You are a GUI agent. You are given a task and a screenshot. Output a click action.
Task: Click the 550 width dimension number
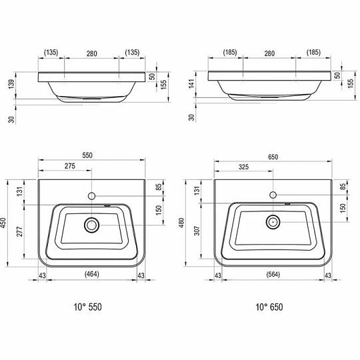pos(87,155)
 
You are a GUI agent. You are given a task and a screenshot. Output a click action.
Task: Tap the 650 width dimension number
pos(273,157)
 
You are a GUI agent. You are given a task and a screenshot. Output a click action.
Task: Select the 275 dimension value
pos(70,166)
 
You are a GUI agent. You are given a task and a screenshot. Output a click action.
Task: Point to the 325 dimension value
pos(243,167)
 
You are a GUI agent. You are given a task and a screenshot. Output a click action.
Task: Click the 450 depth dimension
pos(3,223)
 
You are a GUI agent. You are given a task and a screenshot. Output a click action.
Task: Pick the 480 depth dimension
pos(181,223)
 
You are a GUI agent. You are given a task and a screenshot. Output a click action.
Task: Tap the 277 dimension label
pos(20,231)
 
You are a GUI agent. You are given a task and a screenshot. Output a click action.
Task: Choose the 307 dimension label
pos(197,231)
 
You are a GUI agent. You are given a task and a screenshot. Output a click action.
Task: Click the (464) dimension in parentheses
pos(92,274)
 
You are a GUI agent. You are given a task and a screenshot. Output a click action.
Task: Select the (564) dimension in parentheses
pos(273,275)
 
